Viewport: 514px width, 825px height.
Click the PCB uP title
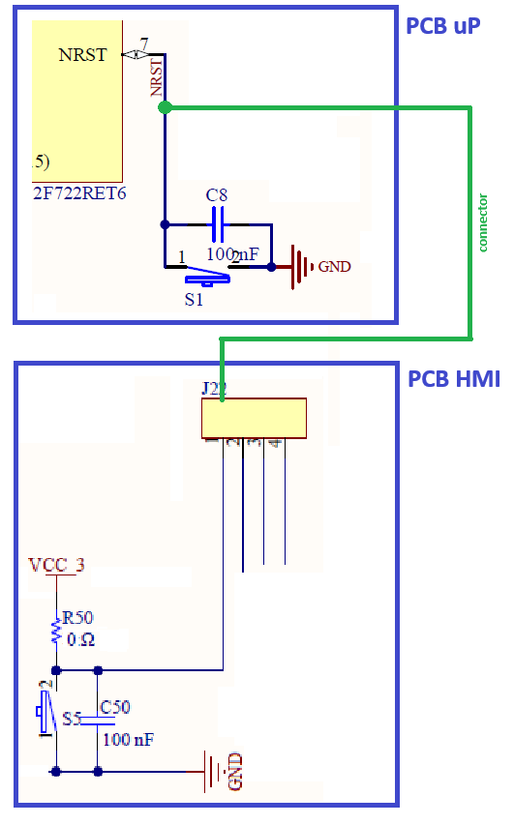coord(442,26)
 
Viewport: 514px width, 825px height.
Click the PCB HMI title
coord(453,378)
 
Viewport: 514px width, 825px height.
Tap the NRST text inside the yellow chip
coord(82,55)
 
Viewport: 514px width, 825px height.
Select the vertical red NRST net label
coord(156,78)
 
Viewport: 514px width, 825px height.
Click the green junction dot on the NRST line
coord(165,107)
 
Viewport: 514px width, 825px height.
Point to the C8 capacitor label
coord(217,195)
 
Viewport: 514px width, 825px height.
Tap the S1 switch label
coord(195,300)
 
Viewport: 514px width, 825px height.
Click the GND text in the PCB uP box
coord(335,267)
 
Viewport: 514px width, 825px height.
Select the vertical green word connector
coord(483,223)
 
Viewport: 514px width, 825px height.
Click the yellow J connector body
coord(254,418)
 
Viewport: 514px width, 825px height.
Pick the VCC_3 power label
coord(56,566)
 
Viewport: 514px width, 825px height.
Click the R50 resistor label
coord(78,618)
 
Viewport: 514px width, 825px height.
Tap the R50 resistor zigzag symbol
coord(56,633)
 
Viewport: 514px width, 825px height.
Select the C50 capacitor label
coord(114,707)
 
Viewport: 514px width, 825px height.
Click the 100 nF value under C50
coord(128,740)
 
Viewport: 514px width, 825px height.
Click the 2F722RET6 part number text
coord(78,193)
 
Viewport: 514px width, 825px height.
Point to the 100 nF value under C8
coord(232,254)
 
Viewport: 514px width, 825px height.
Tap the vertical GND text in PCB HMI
coord(234,771)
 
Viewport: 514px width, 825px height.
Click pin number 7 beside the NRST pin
coord(144,44)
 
